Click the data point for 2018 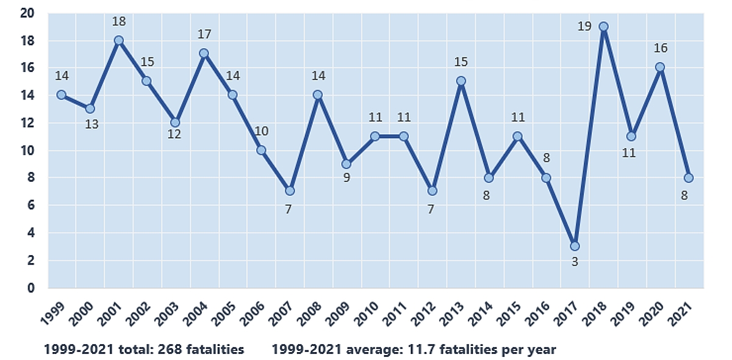[x=603, y=27]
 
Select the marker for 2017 [x=575, y=247]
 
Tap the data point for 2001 [x=119, y=40]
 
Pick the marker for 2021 [x=689, y=178]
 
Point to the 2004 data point [x=204, y=54]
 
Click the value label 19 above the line [x=584, y=27]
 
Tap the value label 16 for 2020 [x=660, y=48]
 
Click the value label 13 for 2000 [x=90, y=124]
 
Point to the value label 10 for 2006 [x=261, y=131]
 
